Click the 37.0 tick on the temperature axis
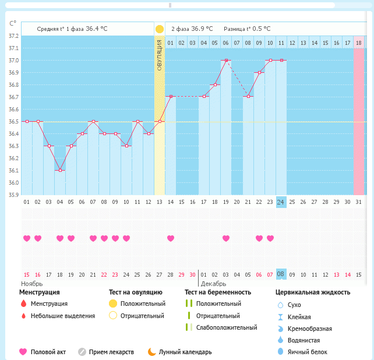coord(12,61)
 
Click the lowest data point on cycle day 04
coord(60,170)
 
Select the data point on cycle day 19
coord(226,60)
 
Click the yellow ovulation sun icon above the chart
coord(160,29)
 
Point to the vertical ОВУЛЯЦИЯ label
coord(160,55)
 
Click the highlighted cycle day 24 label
coord(281,202)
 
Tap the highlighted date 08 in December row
coord(281,274)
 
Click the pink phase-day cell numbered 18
coord(359,43)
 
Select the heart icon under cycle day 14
coord(171,238)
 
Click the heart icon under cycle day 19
coord(226,238)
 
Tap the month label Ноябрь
coord(16,283)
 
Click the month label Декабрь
coord(213,283)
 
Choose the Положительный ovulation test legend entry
coord(142,303)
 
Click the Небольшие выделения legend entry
coord(62,316)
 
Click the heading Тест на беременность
coord(217,292)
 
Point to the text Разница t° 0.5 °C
coord(247,29)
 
